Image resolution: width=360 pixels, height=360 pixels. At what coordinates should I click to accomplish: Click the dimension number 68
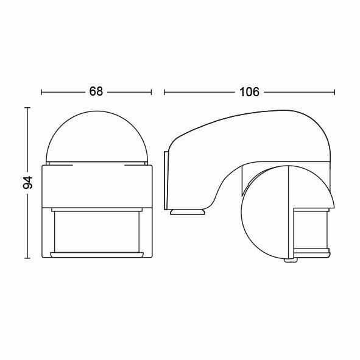click(96, 91)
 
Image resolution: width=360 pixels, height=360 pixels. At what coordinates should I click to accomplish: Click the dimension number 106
click(249, 92)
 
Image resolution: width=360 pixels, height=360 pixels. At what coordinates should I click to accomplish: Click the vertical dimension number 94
click(28, 183)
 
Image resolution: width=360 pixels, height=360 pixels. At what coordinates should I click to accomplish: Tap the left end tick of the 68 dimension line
click(41, 93)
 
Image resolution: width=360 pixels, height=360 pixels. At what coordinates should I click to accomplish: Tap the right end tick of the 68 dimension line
click(151, 93)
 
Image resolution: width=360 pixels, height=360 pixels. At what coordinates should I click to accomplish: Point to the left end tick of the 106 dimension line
click(164, 93)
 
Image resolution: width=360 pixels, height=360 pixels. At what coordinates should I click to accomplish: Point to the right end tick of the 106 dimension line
click(334, 93)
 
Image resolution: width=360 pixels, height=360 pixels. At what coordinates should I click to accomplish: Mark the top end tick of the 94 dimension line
click(27, 108)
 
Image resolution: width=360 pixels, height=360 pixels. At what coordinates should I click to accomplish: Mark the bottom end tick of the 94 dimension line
click(27, 258)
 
